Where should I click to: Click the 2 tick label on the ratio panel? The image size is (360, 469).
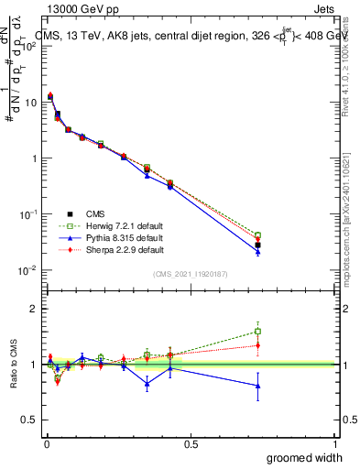tap(34, 309)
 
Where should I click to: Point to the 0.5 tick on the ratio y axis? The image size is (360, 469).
tap(29, 420)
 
